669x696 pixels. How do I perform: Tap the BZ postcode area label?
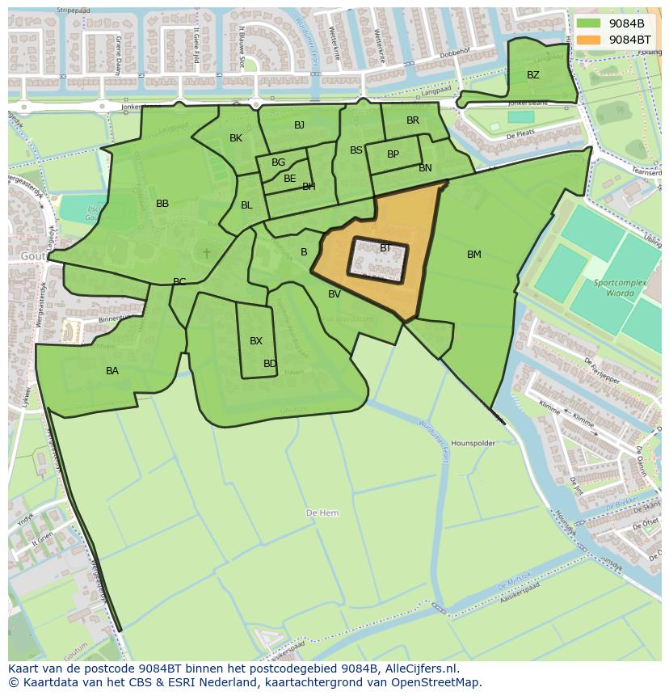coord(533,75)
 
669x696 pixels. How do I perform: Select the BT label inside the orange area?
coord(385,248)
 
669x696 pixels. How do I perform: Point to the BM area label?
coord(474,255)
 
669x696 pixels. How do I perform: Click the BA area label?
coord(112,371)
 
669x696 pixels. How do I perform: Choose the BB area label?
coord(162,204)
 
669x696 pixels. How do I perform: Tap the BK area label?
coord(236,138)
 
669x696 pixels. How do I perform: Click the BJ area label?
coord(300,124)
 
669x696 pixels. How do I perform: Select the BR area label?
coord(413,120)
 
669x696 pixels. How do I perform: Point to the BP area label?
coord(393,154)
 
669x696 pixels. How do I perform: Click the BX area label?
coord(256,341)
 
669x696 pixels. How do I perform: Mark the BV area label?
coord(334,294)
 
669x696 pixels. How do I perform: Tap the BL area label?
coord(246,205)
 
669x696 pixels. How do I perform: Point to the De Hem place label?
coord(322,513)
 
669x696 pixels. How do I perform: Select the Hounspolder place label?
coord(473,444)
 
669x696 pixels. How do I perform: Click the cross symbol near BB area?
coord(207,253)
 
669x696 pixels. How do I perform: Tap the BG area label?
coord(279,162)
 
